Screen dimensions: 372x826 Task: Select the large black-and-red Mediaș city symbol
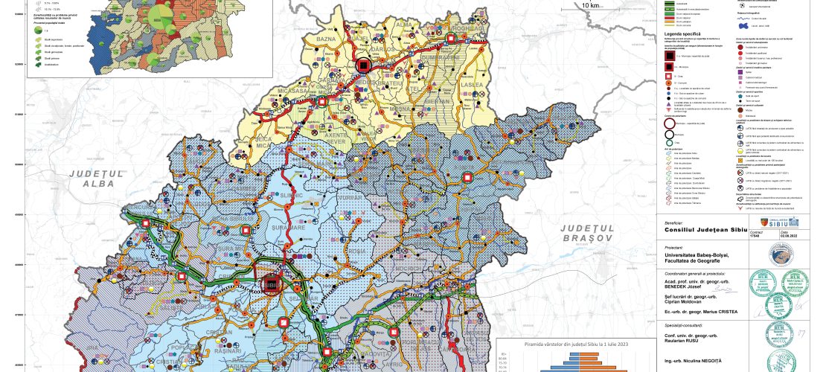363,65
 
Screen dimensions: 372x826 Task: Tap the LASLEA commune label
476,87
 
